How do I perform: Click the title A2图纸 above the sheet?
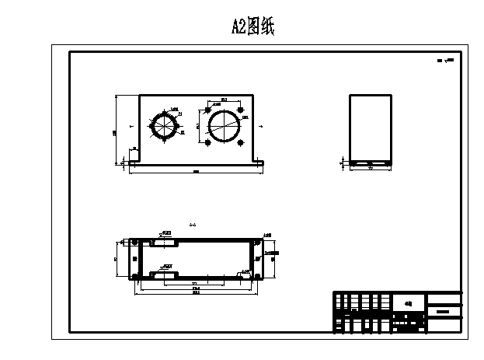tap(253, 27)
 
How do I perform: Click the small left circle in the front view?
tap(165, 126)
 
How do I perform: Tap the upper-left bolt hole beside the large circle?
tap(207, 107)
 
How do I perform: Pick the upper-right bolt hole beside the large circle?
tap(241, 107)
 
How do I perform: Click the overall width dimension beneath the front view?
tap(196, 171)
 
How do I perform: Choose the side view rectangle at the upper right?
tap(370, 128)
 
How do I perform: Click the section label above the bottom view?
tap(192, 225)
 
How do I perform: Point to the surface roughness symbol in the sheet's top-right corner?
tap(445, 59)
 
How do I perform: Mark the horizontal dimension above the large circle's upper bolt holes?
tap(224, 100)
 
